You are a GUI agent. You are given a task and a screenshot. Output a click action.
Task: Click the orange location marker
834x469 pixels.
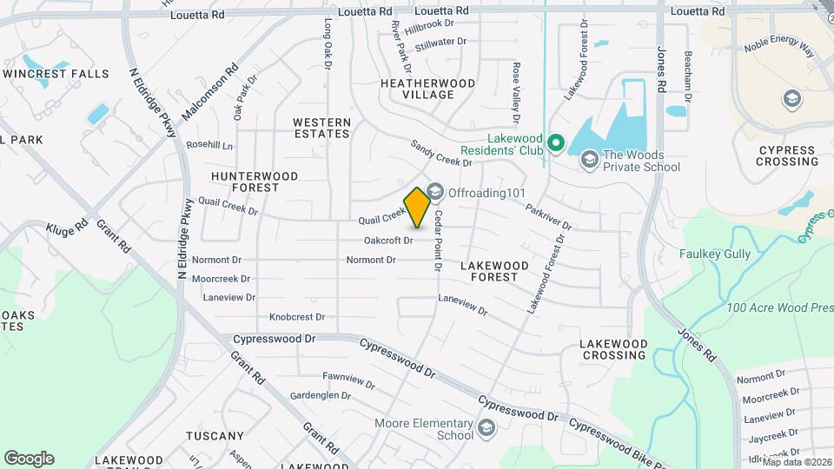[x=417, y=208]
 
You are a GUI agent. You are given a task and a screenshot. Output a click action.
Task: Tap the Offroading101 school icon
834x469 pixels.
[x=434, y=190]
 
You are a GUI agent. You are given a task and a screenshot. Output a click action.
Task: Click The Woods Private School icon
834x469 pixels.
[x=590, y=158]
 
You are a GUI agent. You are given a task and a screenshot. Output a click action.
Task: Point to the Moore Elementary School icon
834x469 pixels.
[x=486, y=428]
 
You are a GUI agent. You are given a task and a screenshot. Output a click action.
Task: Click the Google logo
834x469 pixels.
[x=29, y=458]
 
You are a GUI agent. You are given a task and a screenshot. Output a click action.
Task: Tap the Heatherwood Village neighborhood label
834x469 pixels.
[x=428, y=89]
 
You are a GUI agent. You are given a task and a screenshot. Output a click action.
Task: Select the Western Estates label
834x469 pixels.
[x=321, y=128]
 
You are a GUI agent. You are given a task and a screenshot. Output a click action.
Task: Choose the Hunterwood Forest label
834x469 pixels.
[x=255, y=182]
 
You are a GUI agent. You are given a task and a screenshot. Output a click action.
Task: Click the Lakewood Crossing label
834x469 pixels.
[x=614, y=350]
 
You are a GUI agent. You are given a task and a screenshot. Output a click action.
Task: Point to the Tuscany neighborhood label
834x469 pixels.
[x=215, y=436]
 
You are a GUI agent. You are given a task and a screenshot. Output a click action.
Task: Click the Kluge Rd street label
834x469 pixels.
[x=68, y=228]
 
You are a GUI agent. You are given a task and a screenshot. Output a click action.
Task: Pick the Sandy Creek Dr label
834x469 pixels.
[x=440, y=154]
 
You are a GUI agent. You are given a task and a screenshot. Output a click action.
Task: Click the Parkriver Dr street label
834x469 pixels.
[x=548, y=217]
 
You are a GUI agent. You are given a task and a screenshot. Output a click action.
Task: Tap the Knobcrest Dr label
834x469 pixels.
[x=297, y=318]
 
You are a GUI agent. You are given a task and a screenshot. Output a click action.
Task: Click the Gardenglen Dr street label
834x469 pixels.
[x=320, y=395]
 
